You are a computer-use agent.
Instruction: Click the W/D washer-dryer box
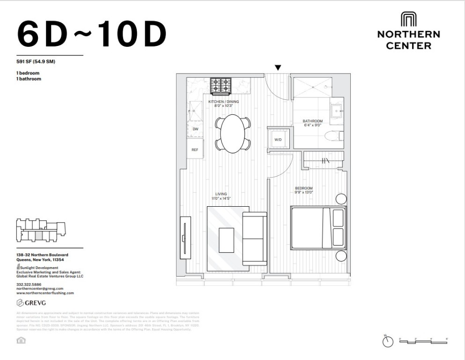(x=278, y=139)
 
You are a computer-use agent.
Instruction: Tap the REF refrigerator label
(x=195, y=150)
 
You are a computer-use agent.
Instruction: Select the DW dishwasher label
(x=195, y=129)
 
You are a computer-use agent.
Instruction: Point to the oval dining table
(x=233, y=133)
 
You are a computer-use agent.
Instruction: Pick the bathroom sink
(x=337, y=111)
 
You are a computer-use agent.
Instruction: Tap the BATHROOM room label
(x=312, y=121)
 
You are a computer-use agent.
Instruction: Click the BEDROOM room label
(x=304, y=188)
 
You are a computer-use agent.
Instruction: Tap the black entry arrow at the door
(x=278, y=67)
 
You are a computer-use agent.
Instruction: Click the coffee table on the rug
(x=227, y=240)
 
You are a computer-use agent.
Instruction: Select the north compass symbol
(x=387, y=342)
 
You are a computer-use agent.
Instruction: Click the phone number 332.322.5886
(x=28, y=284)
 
